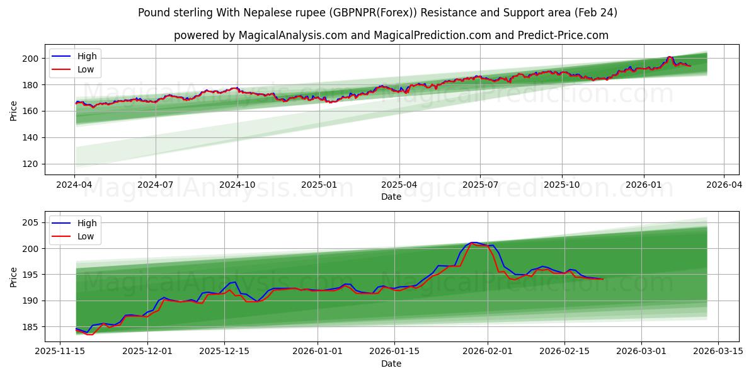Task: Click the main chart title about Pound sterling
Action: (x=378, y=13)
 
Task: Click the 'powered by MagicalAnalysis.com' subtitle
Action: (x=391, y=35)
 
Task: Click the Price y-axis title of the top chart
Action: (x=14, y=111)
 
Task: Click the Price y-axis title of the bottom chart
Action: (x=14, y=277)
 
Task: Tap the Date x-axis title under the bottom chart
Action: (x=391, y=364)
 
